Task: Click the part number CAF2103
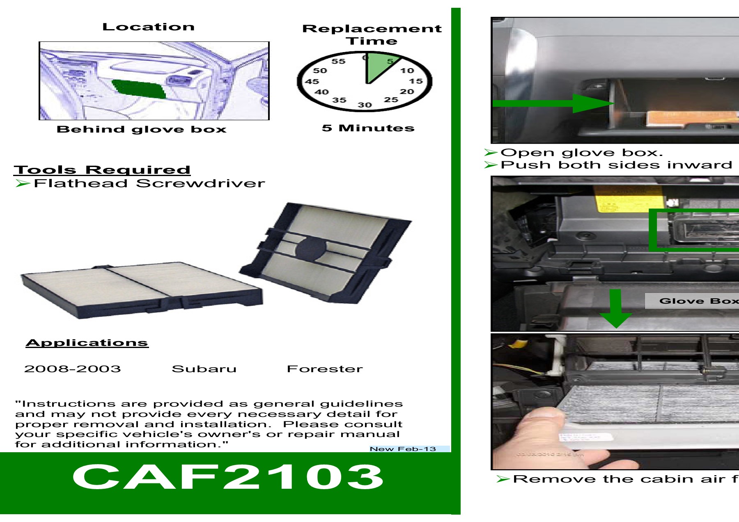pos(228,477)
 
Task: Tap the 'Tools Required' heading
pos(102,169)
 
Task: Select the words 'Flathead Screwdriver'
pos(149,183)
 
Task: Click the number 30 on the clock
pos(365,105)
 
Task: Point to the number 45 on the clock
pos(312,81)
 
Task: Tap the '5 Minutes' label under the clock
pos(368,128)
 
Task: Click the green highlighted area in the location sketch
pos(140,89)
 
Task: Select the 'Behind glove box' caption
pos(142,129)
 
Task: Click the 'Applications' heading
pos(87,343)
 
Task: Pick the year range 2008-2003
pos(73,369)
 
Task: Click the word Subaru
pos(204,369)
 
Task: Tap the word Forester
pos(325,369)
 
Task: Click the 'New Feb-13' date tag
pos(403,449)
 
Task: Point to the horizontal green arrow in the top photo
pos(550,103)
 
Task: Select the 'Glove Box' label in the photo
pos(698,301)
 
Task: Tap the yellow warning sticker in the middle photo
pos(628,199)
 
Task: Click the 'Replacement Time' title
pos(372,34)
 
